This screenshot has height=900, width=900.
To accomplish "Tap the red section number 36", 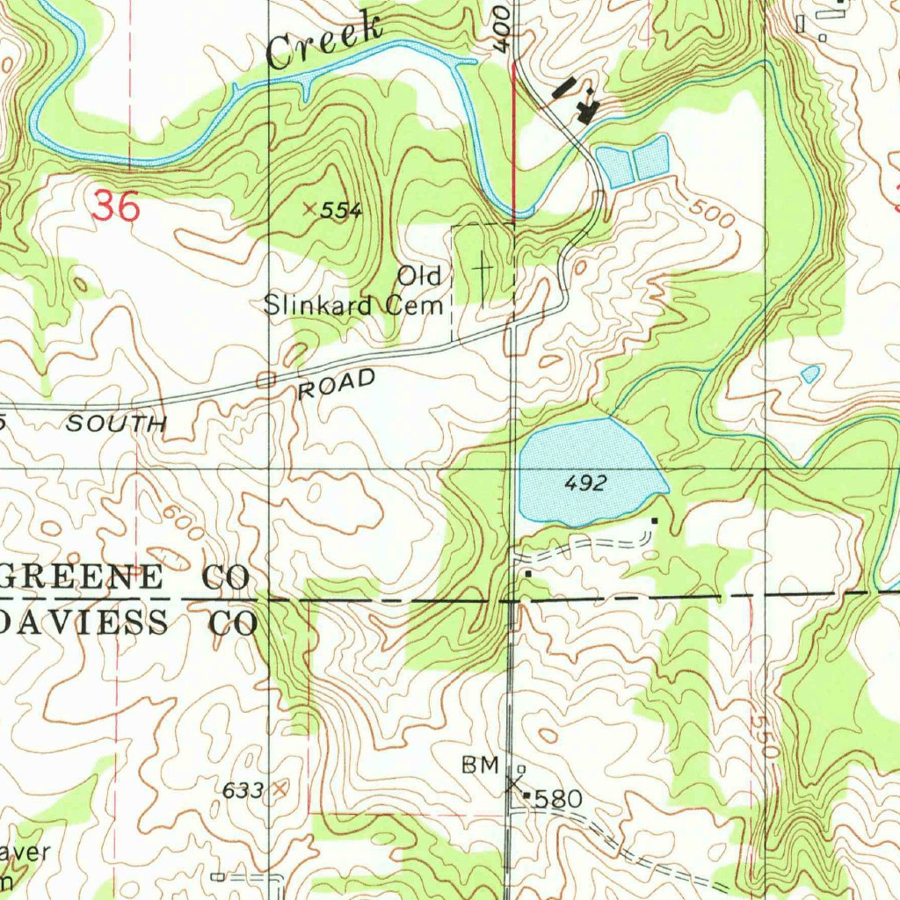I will [115, 207].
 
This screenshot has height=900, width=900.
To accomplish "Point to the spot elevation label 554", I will [340, 210].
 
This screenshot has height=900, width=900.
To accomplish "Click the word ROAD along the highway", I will [337, 385].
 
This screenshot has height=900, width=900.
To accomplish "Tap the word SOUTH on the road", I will [116, 424].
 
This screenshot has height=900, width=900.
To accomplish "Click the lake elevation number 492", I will [585, 483].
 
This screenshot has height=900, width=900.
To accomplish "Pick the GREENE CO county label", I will [125, 577].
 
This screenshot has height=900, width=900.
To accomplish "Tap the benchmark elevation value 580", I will [558, 800].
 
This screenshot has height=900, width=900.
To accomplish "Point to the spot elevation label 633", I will [243, 790].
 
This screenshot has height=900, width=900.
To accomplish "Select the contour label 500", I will [710, 214].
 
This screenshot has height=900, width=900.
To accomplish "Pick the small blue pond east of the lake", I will [810, 374].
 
